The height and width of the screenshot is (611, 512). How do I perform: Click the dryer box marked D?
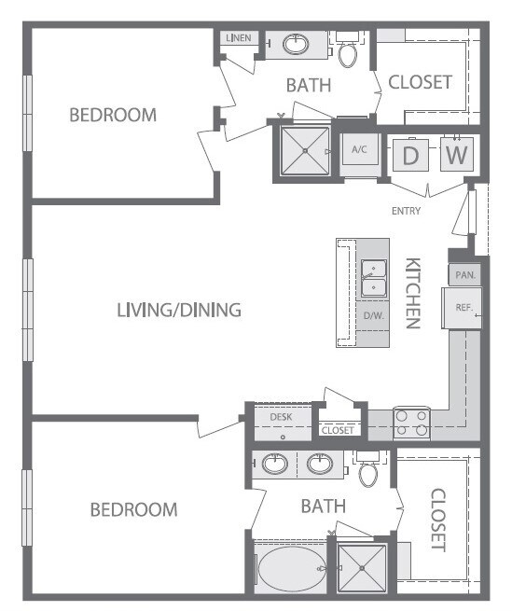click(x=410, y=155)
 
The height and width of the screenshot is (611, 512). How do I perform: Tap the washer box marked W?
click(x=455, y=155)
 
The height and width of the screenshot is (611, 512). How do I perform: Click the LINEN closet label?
click(x=236, y=38)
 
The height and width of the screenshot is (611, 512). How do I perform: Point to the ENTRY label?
click(x=407, y=211)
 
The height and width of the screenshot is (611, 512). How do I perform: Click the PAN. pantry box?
click(x=464, y=276)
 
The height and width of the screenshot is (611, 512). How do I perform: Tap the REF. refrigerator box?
click(x=464, y=308)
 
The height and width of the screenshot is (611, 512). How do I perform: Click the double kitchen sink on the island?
click(x=374, y=278)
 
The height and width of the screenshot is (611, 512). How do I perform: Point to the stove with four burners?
click(x=411, y=423)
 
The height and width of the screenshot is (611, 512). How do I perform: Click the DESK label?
click(x=281, y=418)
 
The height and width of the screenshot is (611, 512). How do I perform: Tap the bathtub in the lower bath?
click(x=290, y=568)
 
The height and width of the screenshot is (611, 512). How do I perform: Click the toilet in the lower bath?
click(x=369, y=472)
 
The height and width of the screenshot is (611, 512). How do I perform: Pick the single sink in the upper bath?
click(x=296, y=44)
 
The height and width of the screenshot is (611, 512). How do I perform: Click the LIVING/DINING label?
click(x=179, y=310)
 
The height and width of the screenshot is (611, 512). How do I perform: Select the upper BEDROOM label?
click(x=113, y=115)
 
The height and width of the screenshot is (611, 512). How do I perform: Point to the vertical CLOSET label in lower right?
click(x=437, y=520)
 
